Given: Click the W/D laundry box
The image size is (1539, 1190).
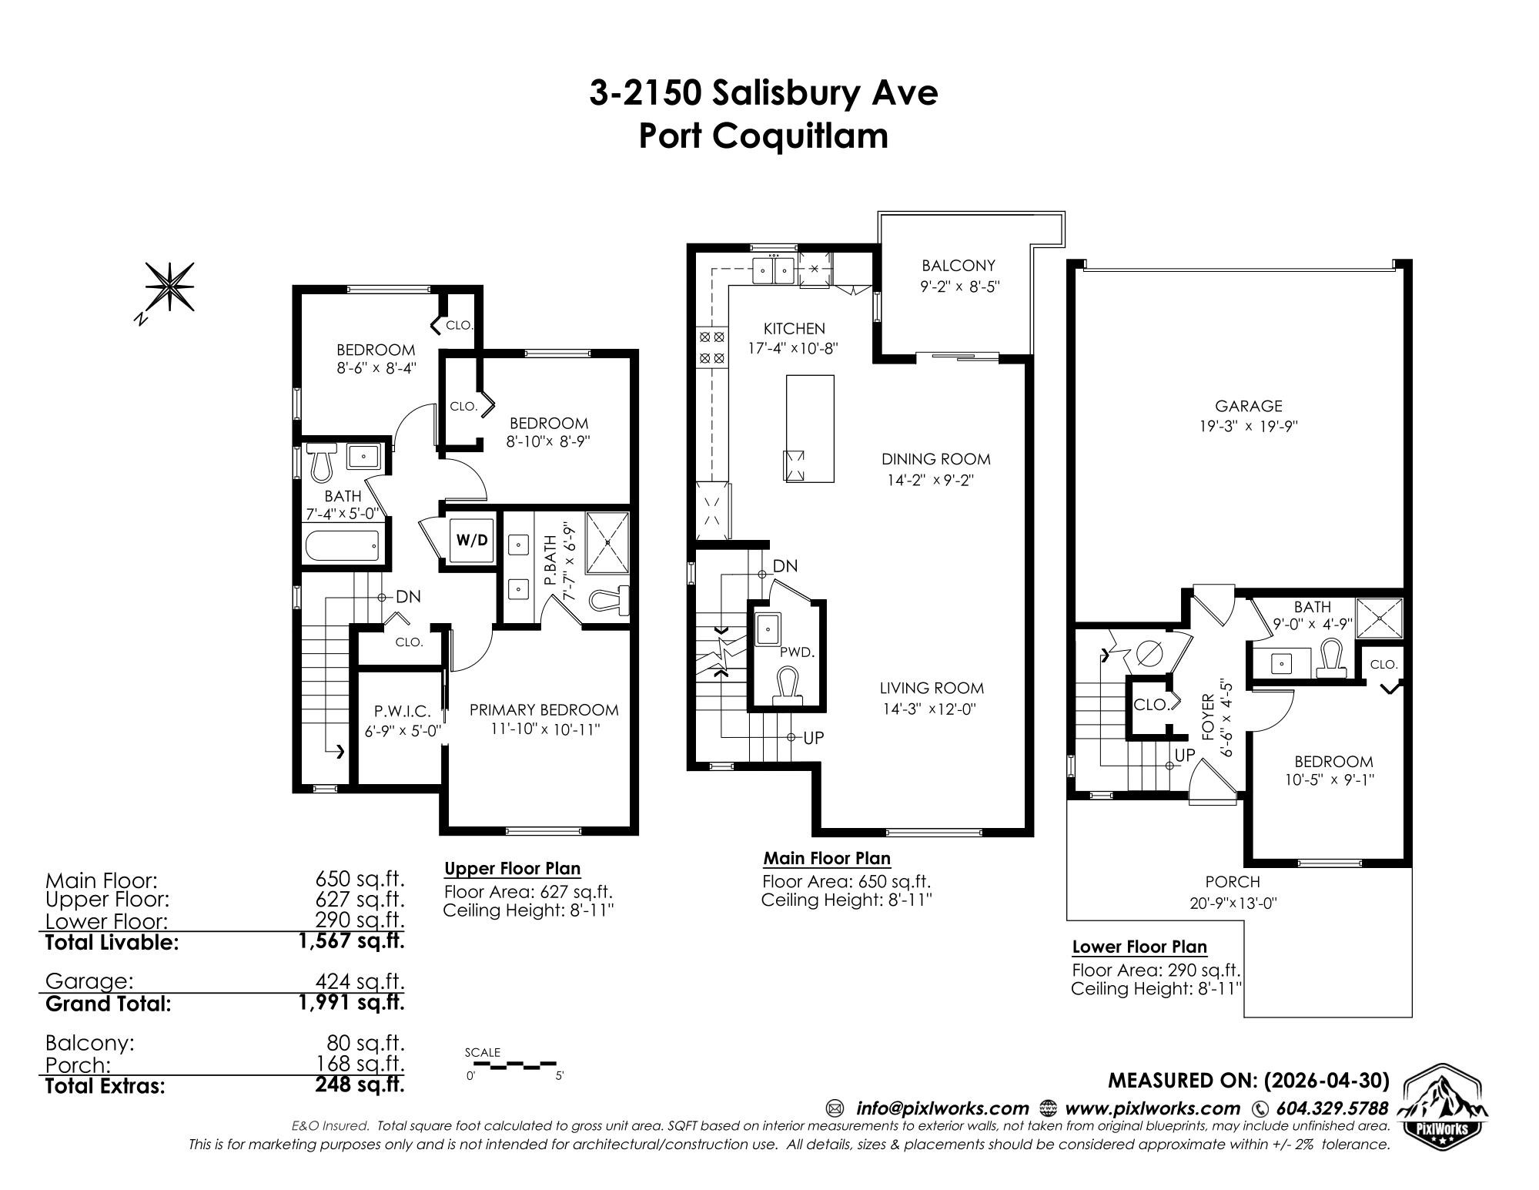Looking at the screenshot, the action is click(472, 540).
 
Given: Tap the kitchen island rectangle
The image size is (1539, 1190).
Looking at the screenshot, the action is click(810, 428).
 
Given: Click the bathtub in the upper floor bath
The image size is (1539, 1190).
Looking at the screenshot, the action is click(343, 546).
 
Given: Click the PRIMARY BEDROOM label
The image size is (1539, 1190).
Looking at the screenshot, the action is click(544, 710).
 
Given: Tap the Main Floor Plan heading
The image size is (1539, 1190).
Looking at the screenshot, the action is click(827, 858).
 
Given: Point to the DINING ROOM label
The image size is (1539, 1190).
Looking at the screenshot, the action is click(936, 460).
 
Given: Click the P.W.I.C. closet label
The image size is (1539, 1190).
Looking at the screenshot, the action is click(398, 711).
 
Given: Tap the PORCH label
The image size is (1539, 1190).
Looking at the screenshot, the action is click(1233, 882).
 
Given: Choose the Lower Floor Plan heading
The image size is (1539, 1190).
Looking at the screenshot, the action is click(1139, 947).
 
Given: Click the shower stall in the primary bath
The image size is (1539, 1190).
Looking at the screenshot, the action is click(608, 543).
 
